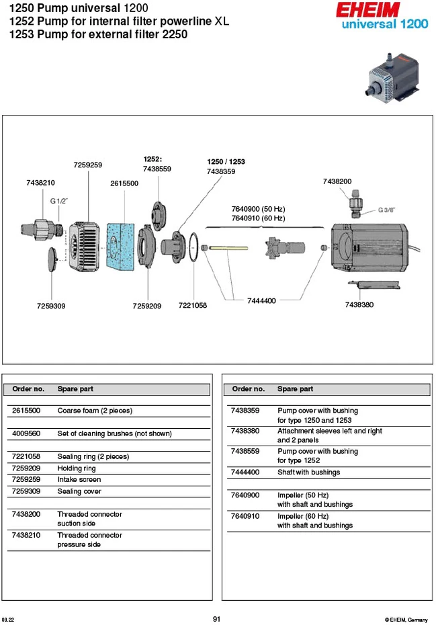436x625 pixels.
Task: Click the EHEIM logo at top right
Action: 368,9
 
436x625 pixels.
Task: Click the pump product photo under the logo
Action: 392,78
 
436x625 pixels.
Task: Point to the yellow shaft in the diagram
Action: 228,248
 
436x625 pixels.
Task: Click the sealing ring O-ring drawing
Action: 193,247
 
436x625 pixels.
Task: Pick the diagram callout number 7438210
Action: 41,183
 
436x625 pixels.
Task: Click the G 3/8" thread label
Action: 386,210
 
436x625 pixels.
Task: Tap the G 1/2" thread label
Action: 58,201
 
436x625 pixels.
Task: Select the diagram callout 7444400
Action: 261,300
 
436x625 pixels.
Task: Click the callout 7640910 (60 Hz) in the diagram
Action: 258,218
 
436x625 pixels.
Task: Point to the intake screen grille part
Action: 85,247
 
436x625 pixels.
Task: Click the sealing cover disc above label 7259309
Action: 52,259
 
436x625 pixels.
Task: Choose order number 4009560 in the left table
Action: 26,433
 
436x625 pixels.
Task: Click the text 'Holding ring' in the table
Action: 77,468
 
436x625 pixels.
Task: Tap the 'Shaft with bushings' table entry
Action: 309,472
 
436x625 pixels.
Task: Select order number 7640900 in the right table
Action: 245,495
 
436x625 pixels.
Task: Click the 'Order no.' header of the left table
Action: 28,388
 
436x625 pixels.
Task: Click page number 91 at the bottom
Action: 216,619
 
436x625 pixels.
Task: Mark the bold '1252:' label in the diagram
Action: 152,159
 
